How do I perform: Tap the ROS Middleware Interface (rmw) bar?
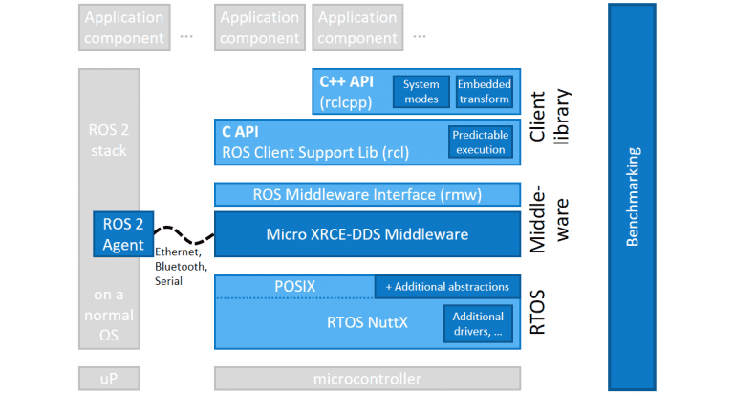(367, 194)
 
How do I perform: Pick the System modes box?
(421, 92)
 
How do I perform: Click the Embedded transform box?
(484, 92)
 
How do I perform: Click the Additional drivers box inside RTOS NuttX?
(479, 323)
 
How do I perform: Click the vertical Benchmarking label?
(633, 197)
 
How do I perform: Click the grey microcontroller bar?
(367, 379)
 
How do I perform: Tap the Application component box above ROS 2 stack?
(121, 28)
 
